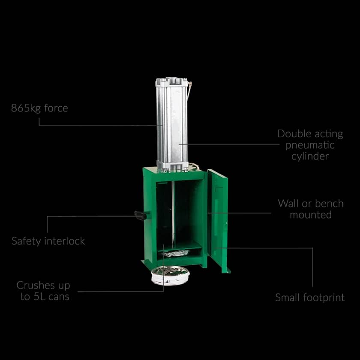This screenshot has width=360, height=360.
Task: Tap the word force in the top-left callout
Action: (x=56, y=108)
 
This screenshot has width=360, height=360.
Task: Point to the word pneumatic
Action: (x=310, y=145)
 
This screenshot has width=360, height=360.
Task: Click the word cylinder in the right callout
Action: (x=310, y=156)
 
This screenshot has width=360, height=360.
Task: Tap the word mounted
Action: (x=311, y=215)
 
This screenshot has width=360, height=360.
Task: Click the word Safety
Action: (x=27, y=241)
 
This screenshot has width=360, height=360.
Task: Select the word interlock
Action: (x=65, y=241)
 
